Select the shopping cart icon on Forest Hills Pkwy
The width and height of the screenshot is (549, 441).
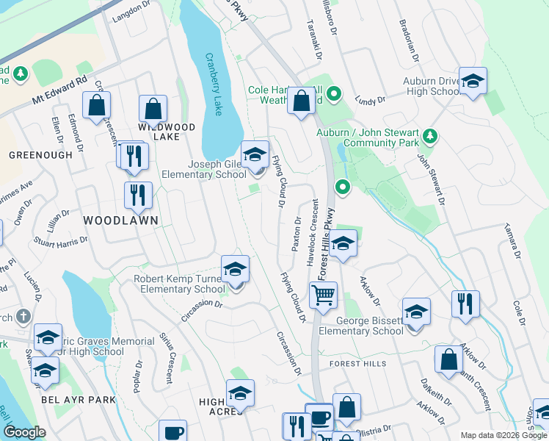click(323, 295)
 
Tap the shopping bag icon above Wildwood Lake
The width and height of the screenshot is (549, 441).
click(153, 109)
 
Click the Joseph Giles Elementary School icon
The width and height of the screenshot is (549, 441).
click(255, 154)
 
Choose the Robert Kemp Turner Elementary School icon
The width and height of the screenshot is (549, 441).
click(235, 269)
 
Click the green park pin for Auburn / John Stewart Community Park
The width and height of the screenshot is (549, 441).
click(430, 135)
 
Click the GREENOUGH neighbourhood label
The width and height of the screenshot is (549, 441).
click(41, 155)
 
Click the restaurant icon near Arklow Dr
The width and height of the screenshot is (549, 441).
click(465, 304)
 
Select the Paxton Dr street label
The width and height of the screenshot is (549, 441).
click(297, 234)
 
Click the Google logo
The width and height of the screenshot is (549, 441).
click(24, 431)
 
